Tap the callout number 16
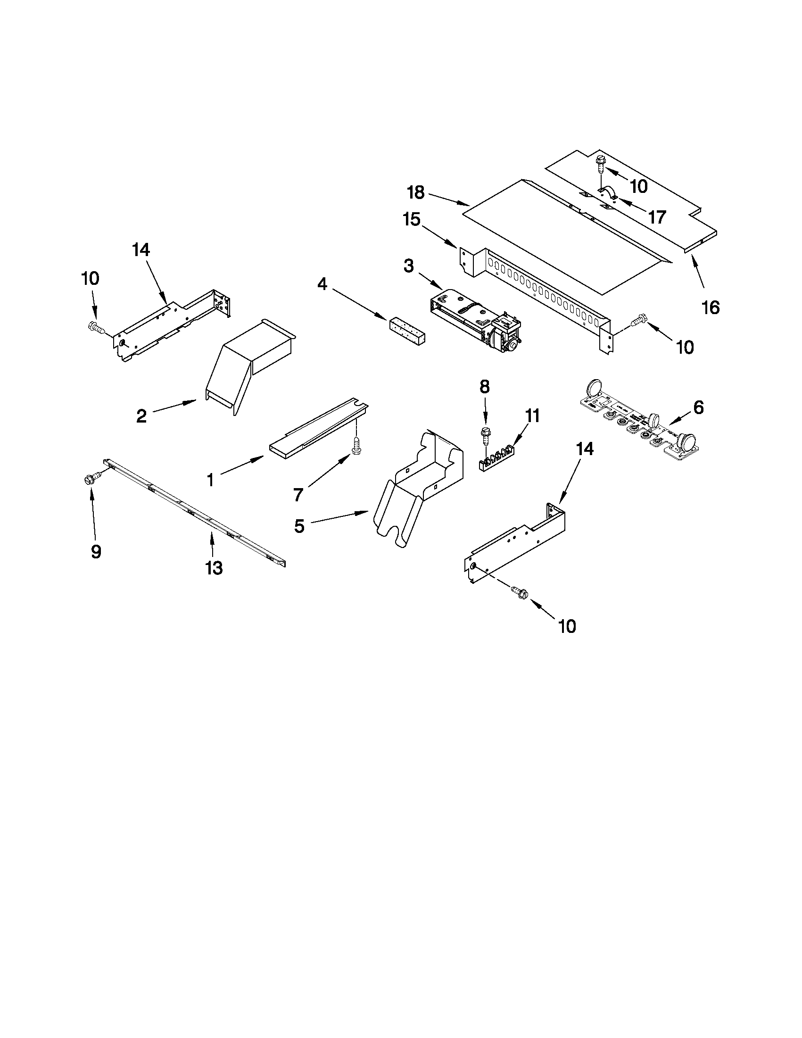[711, 307]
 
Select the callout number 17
[657, 217]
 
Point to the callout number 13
[214, 567]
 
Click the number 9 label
[96, 551]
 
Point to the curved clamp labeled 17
[607, 194]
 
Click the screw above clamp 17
[599, 163]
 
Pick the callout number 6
[698, 407]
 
